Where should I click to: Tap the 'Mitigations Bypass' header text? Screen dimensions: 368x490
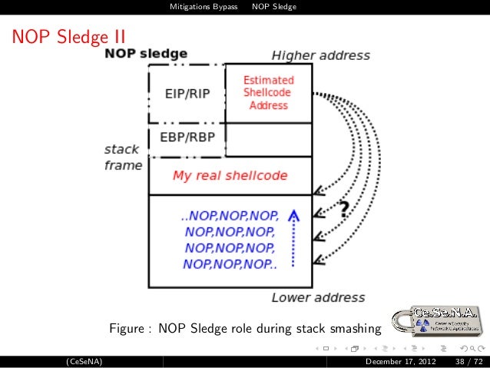[204, 8]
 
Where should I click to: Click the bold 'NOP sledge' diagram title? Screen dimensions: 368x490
[146, 55]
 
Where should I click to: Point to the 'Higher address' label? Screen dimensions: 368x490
[320, 56]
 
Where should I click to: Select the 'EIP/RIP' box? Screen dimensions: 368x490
[187, 94]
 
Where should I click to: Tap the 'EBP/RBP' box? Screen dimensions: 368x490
[187, 138]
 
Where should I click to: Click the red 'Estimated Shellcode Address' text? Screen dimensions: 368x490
[268, 92]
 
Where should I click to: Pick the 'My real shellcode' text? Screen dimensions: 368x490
[230, 175]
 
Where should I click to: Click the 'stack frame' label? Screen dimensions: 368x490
[123, 157]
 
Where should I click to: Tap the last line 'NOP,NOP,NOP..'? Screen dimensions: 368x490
[230, 264]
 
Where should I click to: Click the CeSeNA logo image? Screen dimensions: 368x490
[435, 323]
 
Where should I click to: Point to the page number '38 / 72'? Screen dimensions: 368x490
[468, 361]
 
